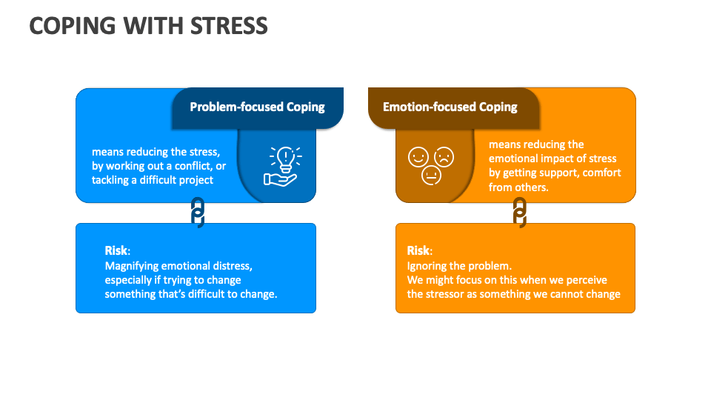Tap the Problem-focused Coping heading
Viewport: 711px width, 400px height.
click(x=257, y=107)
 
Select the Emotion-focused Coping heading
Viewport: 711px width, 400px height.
click(x=450, y=107)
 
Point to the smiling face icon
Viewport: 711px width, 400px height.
click(x=418, y=157)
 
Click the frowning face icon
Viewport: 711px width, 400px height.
click(x=444, y=157)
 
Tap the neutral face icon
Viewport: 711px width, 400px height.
click(x=431, y=176)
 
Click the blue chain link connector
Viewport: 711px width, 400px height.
click(x=197, y=213)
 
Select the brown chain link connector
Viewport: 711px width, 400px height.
click(x=519, y=213)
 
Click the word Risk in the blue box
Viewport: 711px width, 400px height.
click(x=116, y=250)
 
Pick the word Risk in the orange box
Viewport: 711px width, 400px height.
click(x=418, y=250)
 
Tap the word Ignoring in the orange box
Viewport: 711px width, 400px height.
click(x=427, y=265)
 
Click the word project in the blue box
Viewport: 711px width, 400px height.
click(x=196, y=180)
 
